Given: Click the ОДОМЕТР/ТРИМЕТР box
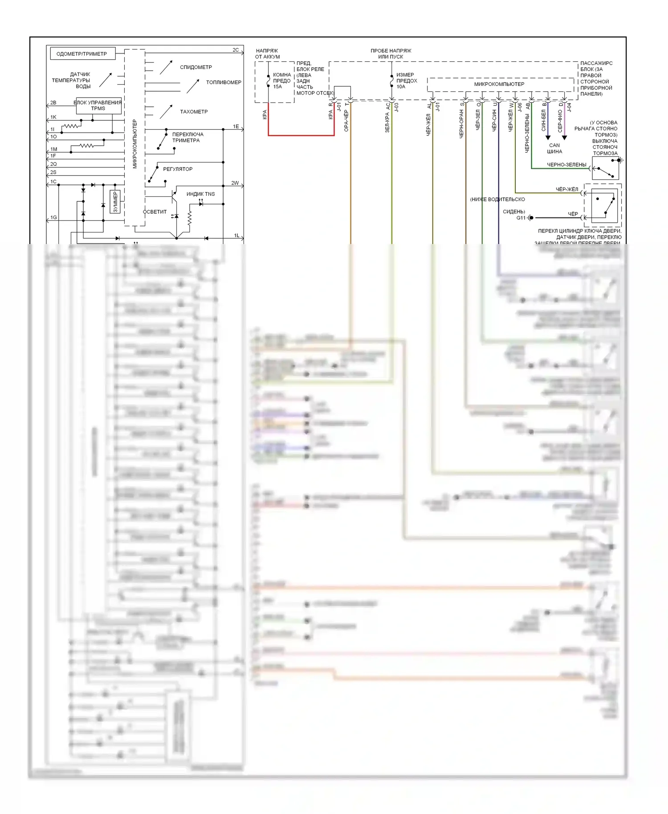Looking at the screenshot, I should click(82, 54).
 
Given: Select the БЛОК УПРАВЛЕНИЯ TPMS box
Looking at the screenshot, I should click(98, 106).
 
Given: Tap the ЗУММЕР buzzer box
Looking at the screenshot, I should click(115, 202).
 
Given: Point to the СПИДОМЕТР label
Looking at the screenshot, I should click(196, 67).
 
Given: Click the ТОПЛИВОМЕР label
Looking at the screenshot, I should click(224, 82).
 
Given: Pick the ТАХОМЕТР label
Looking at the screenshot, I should click(194, 112).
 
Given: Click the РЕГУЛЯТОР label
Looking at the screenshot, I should click(178, 169).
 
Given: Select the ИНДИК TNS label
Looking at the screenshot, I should click(200, 194).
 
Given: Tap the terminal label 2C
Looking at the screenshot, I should click(236, 50).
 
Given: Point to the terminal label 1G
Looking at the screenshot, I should click(53, 218).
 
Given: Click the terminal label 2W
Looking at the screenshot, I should click(235, 183).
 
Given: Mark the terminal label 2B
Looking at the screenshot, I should click(53, 103).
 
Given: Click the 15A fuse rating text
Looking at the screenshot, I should click(277, 87).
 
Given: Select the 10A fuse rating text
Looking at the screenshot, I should click(401, 87).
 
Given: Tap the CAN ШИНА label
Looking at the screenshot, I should click(554, 148).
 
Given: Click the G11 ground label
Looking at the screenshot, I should click(521, 218).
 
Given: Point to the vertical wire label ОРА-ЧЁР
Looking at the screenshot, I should click(346, 121).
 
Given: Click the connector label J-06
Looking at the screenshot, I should click(520, 107).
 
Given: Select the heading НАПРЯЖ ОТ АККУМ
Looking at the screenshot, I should click(267, 54).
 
